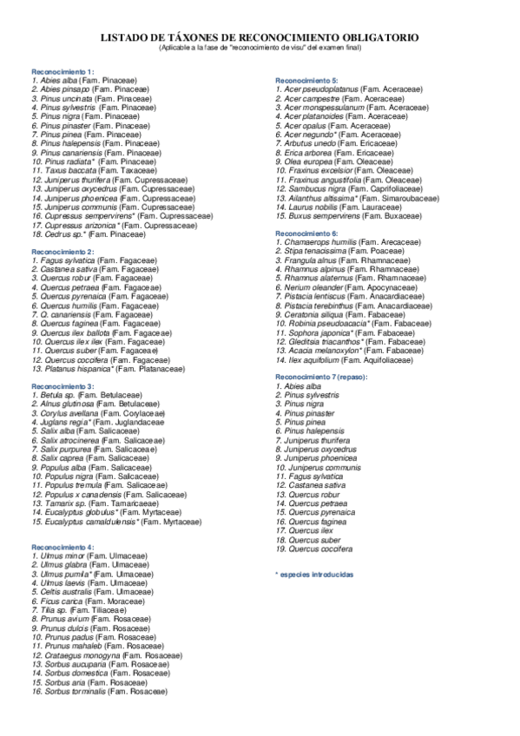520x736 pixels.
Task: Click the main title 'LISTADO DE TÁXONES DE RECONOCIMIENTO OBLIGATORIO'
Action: point(260,38)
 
